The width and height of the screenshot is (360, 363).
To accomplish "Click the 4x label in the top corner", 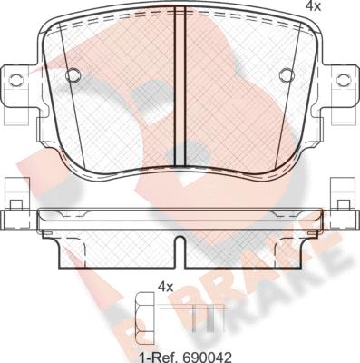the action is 313,6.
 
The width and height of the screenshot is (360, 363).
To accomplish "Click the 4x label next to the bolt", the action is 166,287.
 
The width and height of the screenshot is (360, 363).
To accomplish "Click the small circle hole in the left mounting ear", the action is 16,80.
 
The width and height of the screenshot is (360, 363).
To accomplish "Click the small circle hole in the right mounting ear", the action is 344,80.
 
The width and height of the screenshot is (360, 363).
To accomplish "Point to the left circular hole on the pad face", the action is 73,74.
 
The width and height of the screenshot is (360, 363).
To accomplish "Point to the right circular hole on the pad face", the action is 287,74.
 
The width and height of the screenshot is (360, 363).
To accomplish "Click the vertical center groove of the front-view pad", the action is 180,90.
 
